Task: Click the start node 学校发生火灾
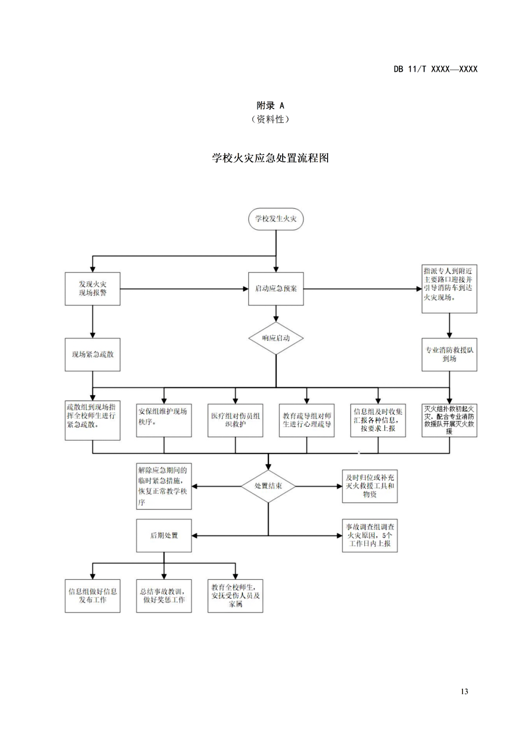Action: (x=276, y=219)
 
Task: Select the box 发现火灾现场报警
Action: (x=92, y=289)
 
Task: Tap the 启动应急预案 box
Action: (x=276, y=289)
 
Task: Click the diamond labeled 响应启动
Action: (x=276, y=338)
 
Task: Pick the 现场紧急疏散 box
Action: (x=92, y=355)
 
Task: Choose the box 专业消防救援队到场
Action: (x=449, y=355)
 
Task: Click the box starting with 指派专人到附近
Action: (x=449, y=289)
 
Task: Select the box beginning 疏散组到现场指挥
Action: (x=92, y=420)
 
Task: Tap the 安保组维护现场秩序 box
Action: (x=164, y=420)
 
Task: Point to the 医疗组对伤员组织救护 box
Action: (x=235, y=420)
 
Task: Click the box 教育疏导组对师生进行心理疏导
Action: (x=307, y=420)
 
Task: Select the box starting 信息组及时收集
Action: (x=378, y=420)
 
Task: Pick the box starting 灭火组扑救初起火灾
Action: (x=449, y=420)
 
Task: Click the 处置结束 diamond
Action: (x=268, y=486)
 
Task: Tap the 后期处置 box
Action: (x=164, y=535)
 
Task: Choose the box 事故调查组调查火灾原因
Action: (x=370, y=535)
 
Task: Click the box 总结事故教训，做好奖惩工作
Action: (x=164, y=596)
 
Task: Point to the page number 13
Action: (x=464, y=691)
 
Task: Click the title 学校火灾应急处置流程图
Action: (x=270, y=158)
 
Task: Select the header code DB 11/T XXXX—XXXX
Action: (x=435, y=69)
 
